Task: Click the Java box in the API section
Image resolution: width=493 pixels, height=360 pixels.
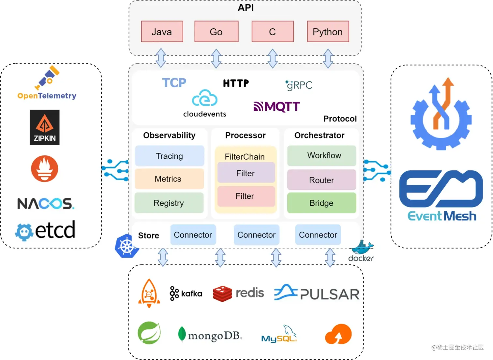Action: coord(162,32)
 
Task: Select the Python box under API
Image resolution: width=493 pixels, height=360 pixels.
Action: coord(328,32)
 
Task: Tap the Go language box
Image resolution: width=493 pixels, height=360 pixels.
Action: coord(216,32)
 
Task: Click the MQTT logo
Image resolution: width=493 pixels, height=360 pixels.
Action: coord(276,107)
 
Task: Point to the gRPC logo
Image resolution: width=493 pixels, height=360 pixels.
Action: coord(299,85)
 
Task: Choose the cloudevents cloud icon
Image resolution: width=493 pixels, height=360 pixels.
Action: coord(204,98)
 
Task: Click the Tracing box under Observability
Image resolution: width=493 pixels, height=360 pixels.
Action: coord(170,156)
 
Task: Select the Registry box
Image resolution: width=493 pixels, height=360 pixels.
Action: coord(169,203)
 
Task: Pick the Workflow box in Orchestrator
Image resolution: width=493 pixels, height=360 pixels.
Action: coord(321,156)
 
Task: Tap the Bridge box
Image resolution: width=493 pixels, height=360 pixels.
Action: coord(321,203)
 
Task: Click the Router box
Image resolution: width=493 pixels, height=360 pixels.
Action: coord(321,180)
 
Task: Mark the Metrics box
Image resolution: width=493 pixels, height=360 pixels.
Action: coord(169,179)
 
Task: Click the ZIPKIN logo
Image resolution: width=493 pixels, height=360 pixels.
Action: coord(45,127)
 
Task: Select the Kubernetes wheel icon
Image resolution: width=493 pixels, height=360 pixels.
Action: coord(127,246)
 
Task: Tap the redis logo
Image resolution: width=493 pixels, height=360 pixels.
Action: coord(238,293)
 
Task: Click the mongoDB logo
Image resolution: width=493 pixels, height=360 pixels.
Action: coord(210,335)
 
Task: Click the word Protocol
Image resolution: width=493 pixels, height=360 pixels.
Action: coord(340,119)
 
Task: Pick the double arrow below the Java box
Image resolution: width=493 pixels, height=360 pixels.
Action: coord(161,58)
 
